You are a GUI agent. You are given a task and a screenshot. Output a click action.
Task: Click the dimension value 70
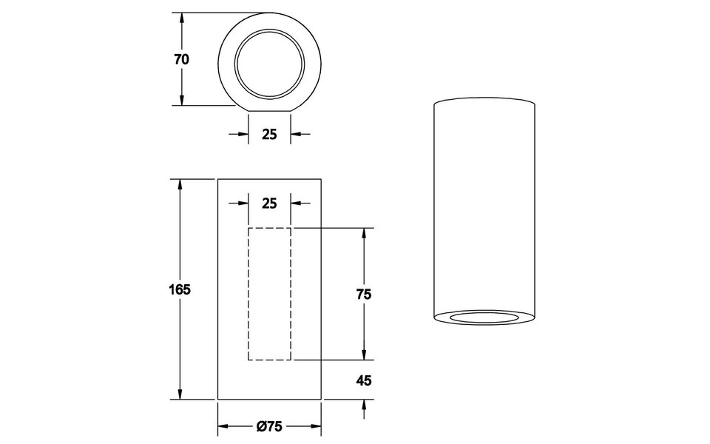pyautogui.click(x=182, y=60)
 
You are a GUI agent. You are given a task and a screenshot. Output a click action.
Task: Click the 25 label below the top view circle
pyautogui.click(x=269, y=134)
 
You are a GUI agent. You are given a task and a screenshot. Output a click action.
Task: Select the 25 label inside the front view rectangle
pyautogui.click(x=269, y=203)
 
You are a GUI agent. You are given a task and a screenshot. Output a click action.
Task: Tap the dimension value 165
pyautogui.click(x=180, y=289)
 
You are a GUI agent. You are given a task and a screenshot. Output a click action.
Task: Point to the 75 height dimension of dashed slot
pyautogui.click(x=363, y=294)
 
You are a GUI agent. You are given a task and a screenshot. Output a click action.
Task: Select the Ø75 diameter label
pyautogui.click(x=269, y=427)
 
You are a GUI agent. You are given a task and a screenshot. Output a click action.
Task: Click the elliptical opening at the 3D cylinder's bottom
pyautogui.click(x=483, y=318)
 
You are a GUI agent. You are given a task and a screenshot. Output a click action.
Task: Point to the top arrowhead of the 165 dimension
pyautogui.click(x=180, y=184)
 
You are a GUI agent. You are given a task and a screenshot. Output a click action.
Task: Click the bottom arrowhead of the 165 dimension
pyautogui.click(x=180, y=394)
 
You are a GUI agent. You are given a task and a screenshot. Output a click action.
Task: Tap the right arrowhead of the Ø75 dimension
pyautogui.click(x=316, y=427)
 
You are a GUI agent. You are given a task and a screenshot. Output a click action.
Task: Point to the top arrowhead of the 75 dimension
pyautogui.click(x=363, y=234)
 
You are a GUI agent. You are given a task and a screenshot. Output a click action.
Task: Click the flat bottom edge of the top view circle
pyautogui.click(x=269, y=111)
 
